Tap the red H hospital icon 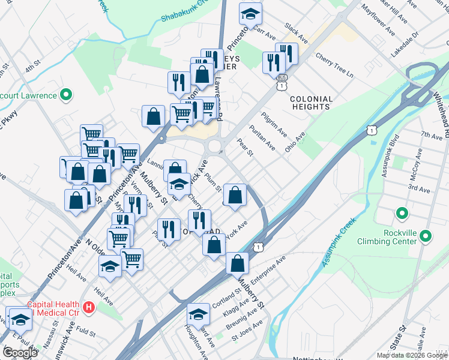pyautogui.click(x=89, y=308)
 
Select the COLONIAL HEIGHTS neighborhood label pyautogui.click(x=310, y=103)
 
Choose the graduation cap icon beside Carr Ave pyautogui.click(x=250, y=12)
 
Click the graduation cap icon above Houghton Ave pyautogui.click(x=198, y=313)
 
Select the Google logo pyautogui.click(x=20, y=352)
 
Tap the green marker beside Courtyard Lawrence pyautogui.click(x=67, y=95)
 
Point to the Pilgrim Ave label pyautogui.click(x=274, y=124)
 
